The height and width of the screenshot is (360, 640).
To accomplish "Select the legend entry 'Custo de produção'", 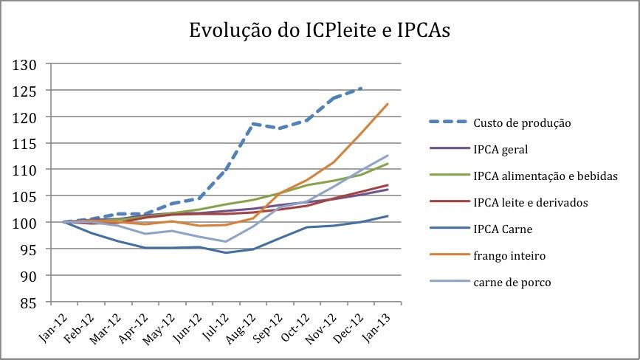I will click(x=521, y=122).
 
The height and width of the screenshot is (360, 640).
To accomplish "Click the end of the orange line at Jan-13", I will click(x=388, y=104).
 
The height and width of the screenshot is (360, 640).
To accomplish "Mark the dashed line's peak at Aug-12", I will click(x=252, y=123).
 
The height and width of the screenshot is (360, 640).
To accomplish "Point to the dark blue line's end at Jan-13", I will click(x=388, y=216).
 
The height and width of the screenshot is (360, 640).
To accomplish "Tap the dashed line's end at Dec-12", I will click(x=362, y=88).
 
